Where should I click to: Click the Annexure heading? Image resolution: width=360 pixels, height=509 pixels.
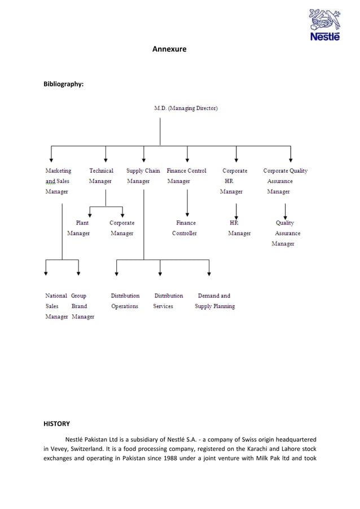(169, 50)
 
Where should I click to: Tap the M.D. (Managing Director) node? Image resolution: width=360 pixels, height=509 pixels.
(186, 108)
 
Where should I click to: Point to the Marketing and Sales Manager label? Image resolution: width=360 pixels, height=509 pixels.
(58, 181)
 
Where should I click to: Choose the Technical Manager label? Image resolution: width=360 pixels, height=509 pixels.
(101, 175)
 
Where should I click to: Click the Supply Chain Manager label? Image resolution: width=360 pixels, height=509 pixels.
(143, 175)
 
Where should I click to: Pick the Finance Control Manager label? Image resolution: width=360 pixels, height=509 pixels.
(186, 175)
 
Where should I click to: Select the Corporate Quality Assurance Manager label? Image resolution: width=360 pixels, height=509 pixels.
(285, 181)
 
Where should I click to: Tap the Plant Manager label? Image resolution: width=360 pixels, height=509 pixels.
(79, 228)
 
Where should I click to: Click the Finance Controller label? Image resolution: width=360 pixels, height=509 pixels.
(185, 228)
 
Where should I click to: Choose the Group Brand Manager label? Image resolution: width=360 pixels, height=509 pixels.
(82, 306)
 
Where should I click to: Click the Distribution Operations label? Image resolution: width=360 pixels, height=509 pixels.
(125, 301)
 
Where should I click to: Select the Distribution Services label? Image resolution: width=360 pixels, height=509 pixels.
(168, 301)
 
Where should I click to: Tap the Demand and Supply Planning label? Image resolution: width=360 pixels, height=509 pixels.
(214, 301)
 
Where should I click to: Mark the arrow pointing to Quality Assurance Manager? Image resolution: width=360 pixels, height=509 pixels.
(286, 210)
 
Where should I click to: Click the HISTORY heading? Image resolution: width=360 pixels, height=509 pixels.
(58, 422)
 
